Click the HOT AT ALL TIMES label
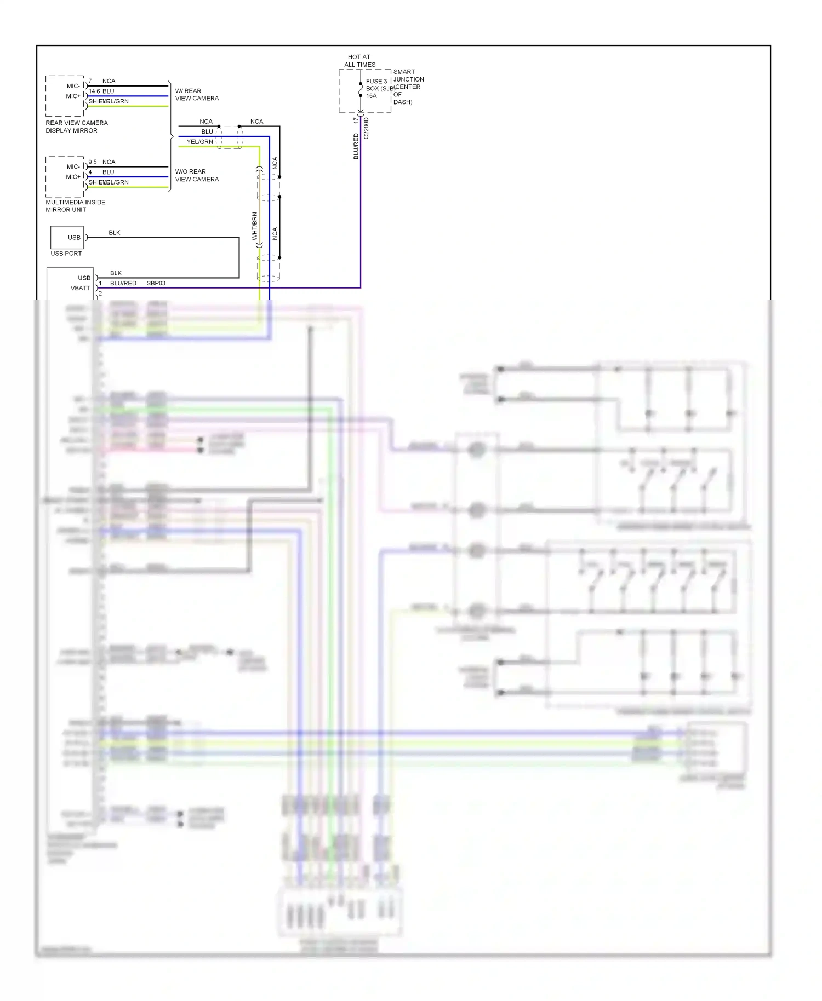pos(359,60)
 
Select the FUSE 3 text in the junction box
pos(376,81)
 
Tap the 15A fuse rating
pos(371,96)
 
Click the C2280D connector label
pos(367,128)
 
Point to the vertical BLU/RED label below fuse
pos(356,146)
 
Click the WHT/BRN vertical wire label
pos(254,226)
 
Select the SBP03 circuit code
pos(156,283)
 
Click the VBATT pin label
pos(81,288)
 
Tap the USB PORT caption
pos(66,254)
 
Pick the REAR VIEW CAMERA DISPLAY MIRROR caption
pos(77,126)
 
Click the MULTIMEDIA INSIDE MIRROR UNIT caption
pos(76,206)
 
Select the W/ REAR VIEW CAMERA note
pos(197,94)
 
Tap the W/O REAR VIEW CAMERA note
pos(197,175)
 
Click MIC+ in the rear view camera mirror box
pos(73,96)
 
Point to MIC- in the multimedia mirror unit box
pos(73,166)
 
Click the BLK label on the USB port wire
pos(115,233)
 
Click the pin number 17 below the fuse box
pos(356,119)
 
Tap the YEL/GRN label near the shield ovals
pos(199,142)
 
